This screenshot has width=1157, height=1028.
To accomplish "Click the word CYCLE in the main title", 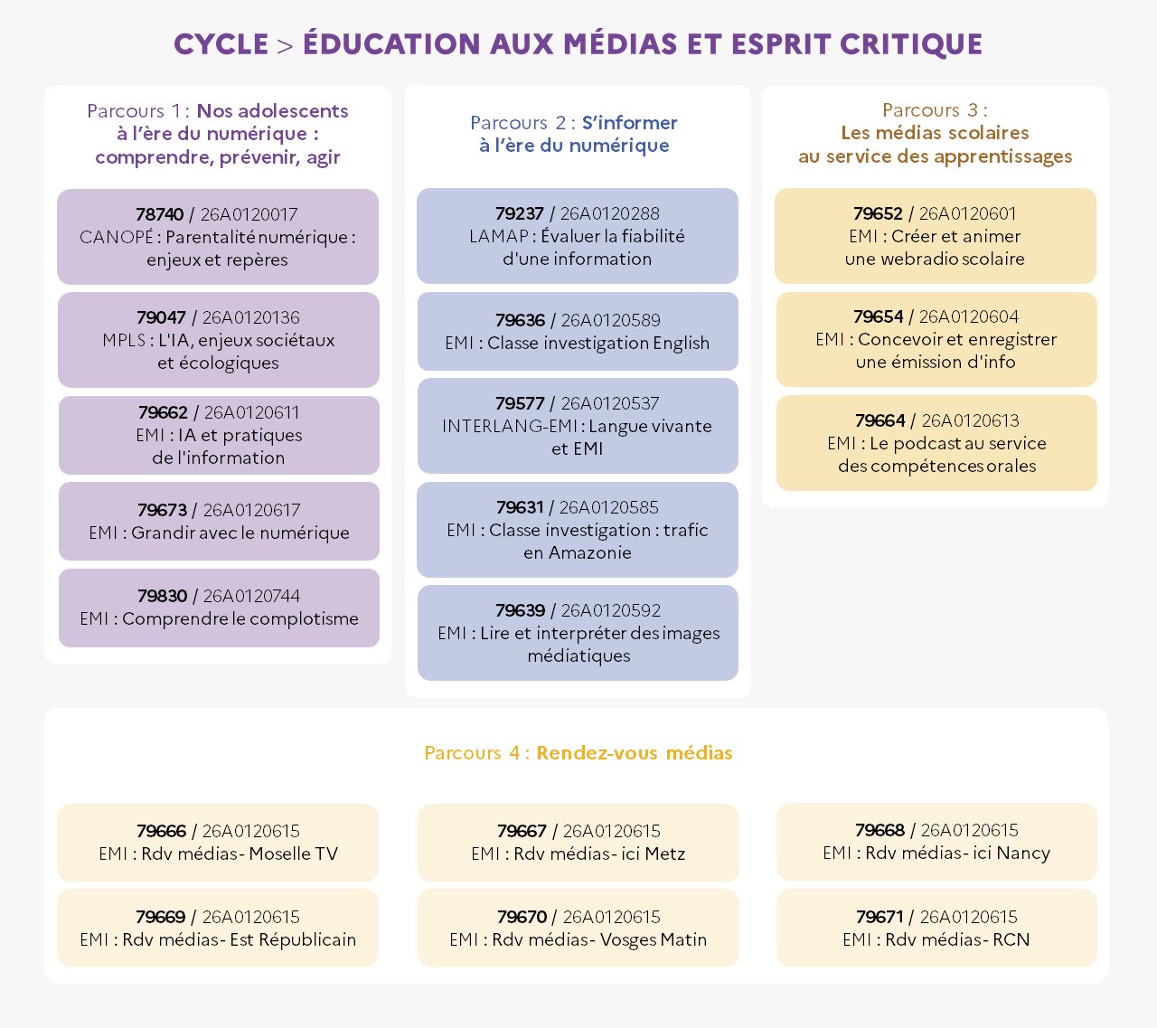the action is (x=221, y=44).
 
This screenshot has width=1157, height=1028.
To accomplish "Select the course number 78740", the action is (x=159, y=214).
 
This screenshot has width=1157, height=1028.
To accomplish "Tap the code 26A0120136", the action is (x=250, y=317).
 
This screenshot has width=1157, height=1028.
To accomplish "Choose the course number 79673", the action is (x=162, y=510).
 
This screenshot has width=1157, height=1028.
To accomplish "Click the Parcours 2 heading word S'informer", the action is (x=629, y=123).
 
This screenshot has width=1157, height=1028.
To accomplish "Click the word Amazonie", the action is (x=590, y=552).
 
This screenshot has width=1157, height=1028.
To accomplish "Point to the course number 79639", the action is (x=521, y=610).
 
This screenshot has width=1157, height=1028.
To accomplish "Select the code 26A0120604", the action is (x=969, y=316).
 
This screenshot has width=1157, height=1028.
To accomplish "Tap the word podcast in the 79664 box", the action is (x=928, y=443).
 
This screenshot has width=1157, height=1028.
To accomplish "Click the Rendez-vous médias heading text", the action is (x=635, y=752).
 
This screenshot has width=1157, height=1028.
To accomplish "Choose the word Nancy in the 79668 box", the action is (x=1023, y=854).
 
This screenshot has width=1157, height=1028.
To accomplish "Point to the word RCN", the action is (x=1011, y=939).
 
